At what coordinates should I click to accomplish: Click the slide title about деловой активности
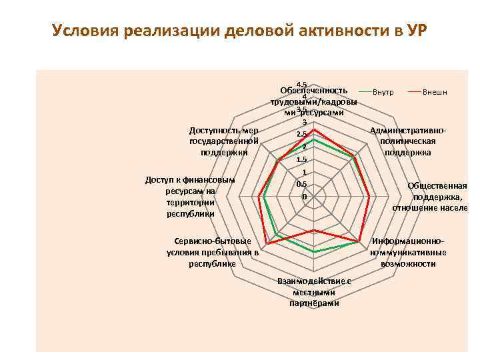[x=240, y=31]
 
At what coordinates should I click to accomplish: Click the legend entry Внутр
[x=383, y=91]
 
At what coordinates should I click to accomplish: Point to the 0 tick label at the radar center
[x=304, y=197]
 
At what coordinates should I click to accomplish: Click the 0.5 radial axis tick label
[x=302, y=185]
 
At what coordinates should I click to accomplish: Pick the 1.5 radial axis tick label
[x=302, y=160]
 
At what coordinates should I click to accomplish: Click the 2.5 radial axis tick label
[x=302, y=135]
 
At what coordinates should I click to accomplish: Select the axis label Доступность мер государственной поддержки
[x=224, y=141]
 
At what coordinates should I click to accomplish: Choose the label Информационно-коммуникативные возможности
[x=408, y=252]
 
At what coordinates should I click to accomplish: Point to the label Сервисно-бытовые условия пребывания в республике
[x=212, y=252]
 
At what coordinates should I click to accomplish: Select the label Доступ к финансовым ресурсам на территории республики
[x=191, y=197]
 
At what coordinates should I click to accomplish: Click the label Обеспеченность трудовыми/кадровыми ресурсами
[x=313, y=101]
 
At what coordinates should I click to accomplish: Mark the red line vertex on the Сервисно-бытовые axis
[x=265, y=242]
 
